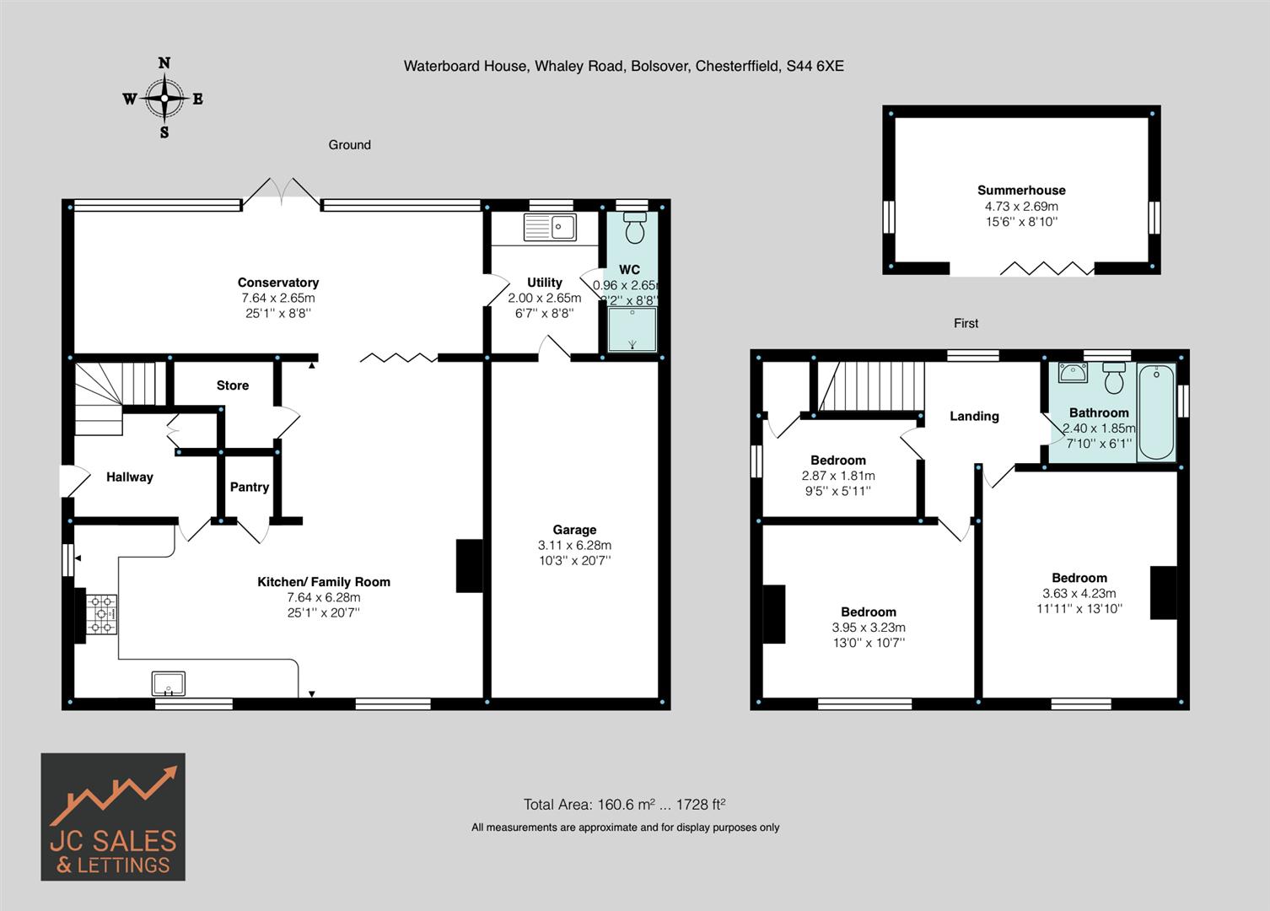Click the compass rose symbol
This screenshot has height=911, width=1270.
click(x=164, y=98)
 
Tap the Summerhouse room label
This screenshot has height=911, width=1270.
click(x=1021, y=191)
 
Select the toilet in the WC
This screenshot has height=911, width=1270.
click(x=634, y=228)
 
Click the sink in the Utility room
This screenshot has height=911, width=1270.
click(x=549, y=227)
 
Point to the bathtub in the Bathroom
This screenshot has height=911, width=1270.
click(x=1156, y=412)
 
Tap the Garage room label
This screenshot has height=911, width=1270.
click(x=574, y=530)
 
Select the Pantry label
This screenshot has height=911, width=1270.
click(x=250, y=487)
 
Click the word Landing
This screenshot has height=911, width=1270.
click(x=974, y=416)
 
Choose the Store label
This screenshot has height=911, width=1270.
click(x=233, y=385)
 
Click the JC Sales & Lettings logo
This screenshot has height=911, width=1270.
click(x=113, y=817)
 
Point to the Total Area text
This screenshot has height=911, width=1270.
click(x=624, y=804)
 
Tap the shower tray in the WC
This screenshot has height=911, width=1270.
click(x=632, y=328)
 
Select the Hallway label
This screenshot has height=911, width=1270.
click(x=130, y=477)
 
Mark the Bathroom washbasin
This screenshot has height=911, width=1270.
click(x=1073, y=373)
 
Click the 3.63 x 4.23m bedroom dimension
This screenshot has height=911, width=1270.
click(x=1079, y=593)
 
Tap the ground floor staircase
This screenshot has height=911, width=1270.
click(x=114, y=396)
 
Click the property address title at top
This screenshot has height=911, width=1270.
click(x=623, y=65)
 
